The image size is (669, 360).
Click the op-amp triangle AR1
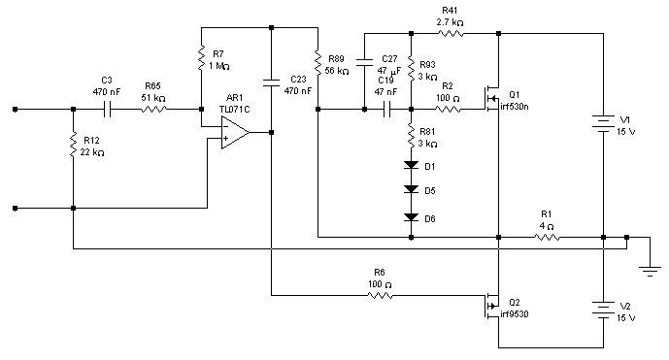(235, 133)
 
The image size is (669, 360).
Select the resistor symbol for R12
(74, 145)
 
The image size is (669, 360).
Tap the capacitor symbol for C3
(107, 110)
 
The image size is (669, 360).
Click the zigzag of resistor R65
(153, 110)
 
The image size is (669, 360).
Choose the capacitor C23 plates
(271, 82)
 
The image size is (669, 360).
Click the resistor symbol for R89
(318, 63)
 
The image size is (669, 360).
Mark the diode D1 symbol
(411, 165)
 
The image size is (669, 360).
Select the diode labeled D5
(411, 189)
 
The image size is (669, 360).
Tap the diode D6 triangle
(411, 217)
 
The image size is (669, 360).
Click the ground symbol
(650, 272)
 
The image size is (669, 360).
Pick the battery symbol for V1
(603, 123)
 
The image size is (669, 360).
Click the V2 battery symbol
(603, 310)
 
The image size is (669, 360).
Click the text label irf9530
(514, 314)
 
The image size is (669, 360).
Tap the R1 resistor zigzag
(547, 237)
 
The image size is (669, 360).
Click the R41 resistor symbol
(451, 33)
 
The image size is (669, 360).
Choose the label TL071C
(235, 110)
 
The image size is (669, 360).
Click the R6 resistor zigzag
(380, 295)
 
